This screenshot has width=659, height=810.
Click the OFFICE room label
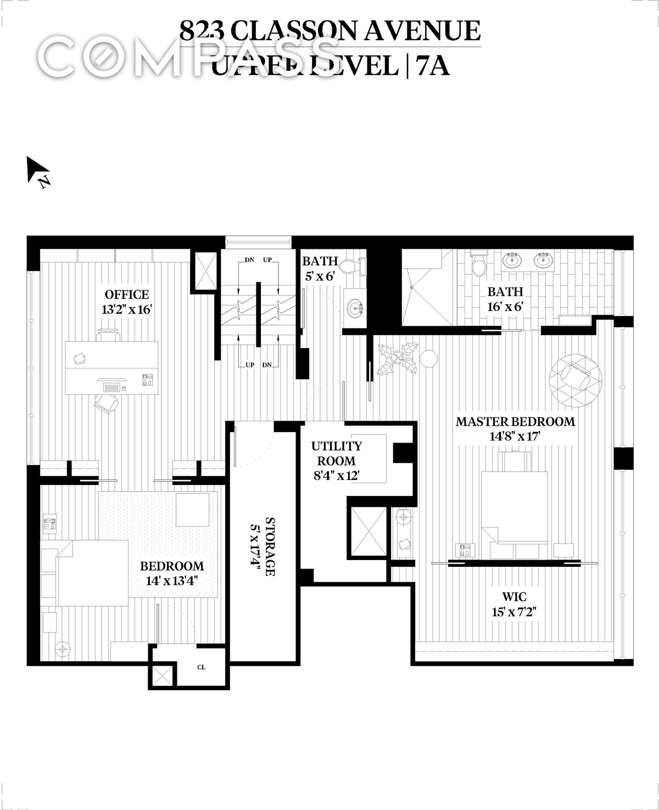127,295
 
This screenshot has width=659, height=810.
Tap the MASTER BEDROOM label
515,422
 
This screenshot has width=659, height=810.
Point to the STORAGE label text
270,546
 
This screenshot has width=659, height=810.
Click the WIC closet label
515,597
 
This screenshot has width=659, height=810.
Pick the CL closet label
201,667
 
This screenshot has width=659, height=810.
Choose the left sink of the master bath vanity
512,260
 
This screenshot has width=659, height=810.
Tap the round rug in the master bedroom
576,380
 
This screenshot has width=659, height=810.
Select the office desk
112,367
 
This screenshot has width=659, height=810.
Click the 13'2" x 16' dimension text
127,310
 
